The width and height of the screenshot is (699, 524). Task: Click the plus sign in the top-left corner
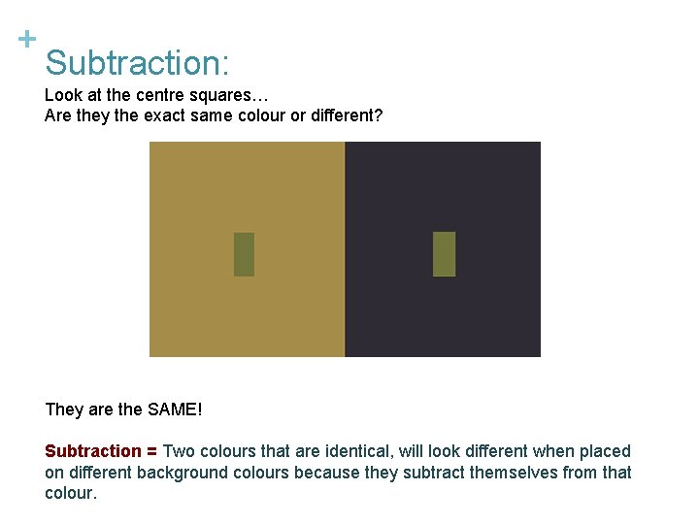(27, 40)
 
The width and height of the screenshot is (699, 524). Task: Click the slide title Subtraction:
(137, 63)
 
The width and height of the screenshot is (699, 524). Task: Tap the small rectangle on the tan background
(244, 254)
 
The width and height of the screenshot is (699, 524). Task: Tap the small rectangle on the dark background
(444, 254)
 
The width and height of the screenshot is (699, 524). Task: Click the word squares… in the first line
(239, 96)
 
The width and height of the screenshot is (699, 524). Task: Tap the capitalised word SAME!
(175, 409)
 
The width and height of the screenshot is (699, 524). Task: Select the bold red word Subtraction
(93, 451)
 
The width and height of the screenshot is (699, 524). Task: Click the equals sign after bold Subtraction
(152, 451)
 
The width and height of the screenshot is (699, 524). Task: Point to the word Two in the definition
(180, 451)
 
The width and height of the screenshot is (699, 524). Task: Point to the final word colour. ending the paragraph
(71, 493)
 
